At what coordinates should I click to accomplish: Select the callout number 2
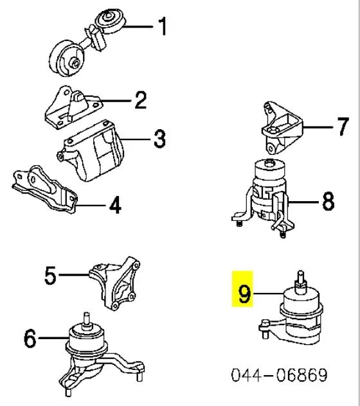[141, 100]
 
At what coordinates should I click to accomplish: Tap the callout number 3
[159, 138]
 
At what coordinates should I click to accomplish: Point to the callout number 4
[114, 206]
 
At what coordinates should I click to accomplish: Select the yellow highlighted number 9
[243, 295]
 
